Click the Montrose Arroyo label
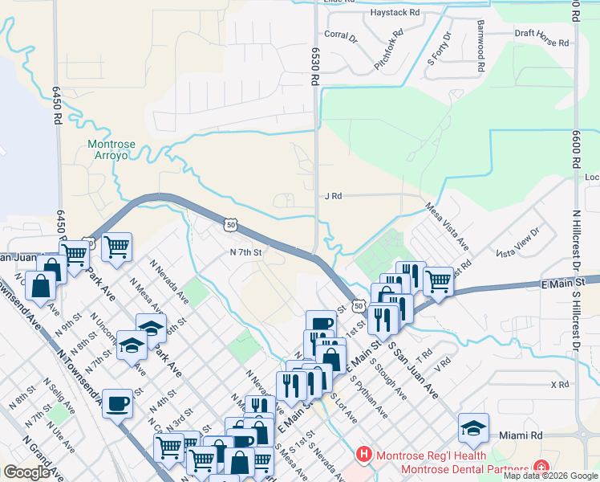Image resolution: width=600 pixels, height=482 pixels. click(x=111, y=149)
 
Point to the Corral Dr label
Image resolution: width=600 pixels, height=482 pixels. click(x=339, y=35)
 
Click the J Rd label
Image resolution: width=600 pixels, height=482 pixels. click(x=333, y=195)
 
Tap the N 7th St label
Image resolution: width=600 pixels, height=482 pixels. click(x=246, y=252)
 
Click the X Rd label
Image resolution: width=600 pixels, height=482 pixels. click(x=559, y=384)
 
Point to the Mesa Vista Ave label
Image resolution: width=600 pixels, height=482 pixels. click(x=447, y=225)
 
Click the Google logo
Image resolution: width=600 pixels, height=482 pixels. click(x=26, y=472)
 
